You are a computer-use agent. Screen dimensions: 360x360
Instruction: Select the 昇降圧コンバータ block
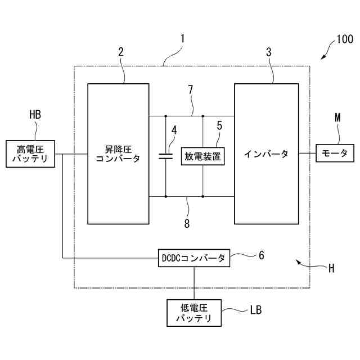[118, 154]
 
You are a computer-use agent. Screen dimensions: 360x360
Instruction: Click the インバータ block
[266, 154]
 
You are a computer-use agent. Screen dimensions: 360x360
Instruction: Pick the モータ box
[335, 153]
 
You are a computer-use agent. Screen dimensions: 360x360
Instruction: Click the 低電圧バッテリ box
[195, 313]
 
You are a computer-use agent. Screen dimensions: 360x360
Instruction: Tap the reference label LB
[255, 309]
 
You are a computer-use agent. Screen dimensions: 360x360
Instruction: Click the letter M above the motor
[337, 117]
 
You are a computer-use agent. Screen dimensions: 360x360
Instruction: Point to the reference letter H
[331, 268]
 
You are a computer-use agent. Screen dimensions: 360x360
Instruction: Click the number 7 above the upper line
[191, 90]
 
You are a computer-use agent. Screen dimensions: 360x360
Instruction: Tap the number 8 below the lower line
[187, 223]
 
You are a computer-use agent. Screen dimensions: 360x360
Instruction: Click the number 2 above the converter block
[121, 52]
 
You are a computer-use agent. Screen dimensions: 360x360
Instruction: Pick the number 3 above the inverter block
[268, 52]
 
